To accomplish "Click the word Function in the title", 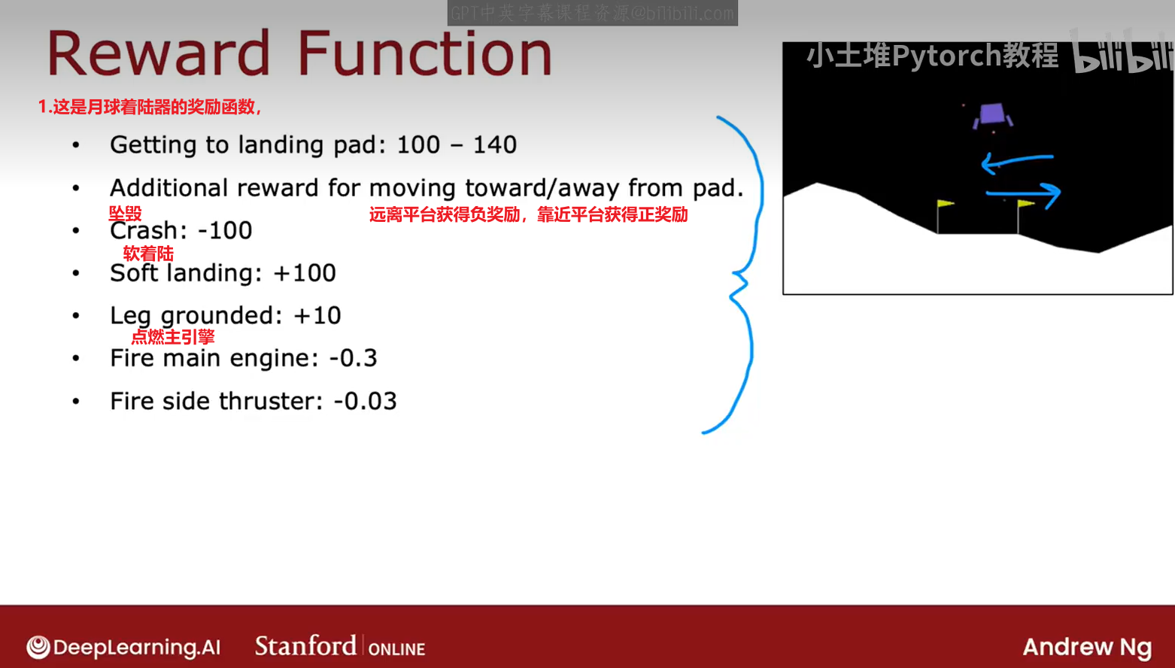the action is (x=426, y=53).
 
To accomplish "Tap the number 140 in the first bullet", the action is (x=495, y=144).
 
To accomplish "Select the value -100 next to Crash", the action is (x=225, y=230).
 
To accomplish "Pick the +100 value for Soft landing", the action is (x=305, y=273).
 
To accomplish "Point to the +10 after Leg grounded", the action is (x=317, y=315).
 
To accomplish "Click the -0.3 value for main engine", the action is (x=353, y=358).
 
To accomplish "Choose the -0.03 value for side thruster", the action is (x=365, y=402).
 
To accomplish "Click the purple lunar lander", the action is (x=992, y=115).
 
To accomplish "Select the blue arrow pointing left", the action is (x=1016, y=160).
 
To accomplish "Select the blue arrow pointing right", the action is (x=1023, y=193).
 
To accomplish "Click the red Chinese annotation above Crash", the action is (x=126, y=214).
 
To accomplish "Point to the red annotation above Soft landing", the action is (x=148, y=254).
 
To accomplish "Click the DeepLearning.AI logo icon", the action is (x=38, y=646).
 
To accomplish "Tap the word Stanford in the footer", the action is (x=306, y=646).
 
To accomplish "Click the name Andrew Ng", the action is (x=1088, y=648).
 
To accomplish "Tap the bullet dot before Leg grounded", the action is (x=77, y=315).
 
